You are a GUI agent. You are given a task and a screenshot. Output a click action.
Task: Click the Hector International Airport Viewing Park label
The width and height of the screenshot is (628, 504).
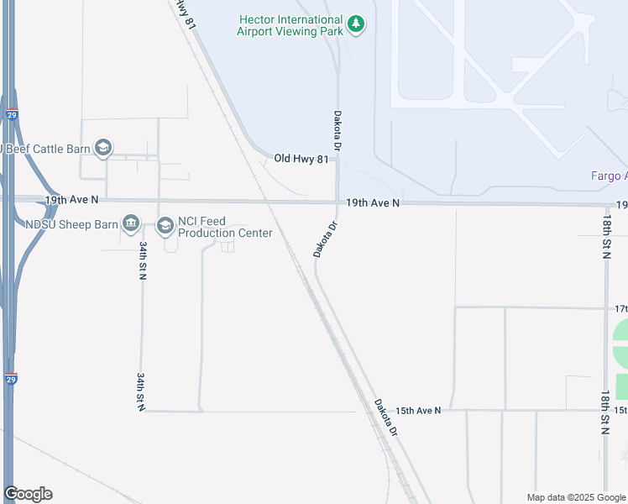tap(290, 25)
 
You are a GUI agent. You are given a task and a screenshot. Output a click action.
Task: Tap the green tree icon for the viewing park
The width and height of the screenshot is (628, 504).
tap(357, 24)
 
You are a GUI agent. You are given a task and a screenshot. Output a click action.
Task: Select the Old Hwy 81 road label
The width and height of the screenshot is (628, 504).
tap(301, 158)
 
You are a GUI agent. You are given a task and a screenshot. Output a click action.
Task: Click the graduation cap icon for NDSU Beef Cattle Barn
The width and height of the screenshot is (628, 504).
tap(103, 149)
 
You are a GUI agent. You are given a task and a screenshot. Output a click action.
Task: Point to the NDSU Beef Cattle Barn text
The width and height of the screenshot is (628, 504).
tap(46, 149)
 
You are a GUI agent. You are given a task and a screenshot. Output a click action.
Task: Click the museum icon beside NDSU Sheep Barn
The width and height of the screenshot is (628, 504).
tap(131, 223)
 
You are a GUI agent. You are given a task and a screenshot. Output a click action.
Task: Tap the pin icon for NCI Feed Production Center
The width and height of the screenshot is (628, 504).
tap(164, 226)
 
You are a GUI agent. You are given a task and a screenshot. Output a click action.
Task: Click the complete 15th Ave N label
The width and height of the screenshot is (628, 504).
tap(417, 410)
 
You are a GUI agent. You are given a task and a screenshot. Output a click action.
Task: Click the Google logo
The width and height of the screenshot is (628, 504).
tap(29, 494)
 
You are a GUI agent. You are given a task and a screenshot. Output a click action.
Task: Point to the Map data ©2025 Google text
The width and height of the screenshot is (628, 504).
tap(575, 497)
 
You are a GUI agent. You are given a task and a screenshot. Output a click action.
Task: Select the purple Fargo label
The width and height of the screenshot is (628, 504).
tap(606, 176)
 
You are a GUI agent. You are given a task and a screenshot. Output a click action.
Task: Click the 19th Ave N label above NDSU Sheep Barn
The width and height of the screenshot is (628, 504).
tap(71, 200)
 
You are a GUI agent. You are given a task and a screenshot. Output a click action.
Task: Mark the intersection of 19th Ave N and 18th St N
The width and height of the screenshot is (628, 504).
tap(606, 204)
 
